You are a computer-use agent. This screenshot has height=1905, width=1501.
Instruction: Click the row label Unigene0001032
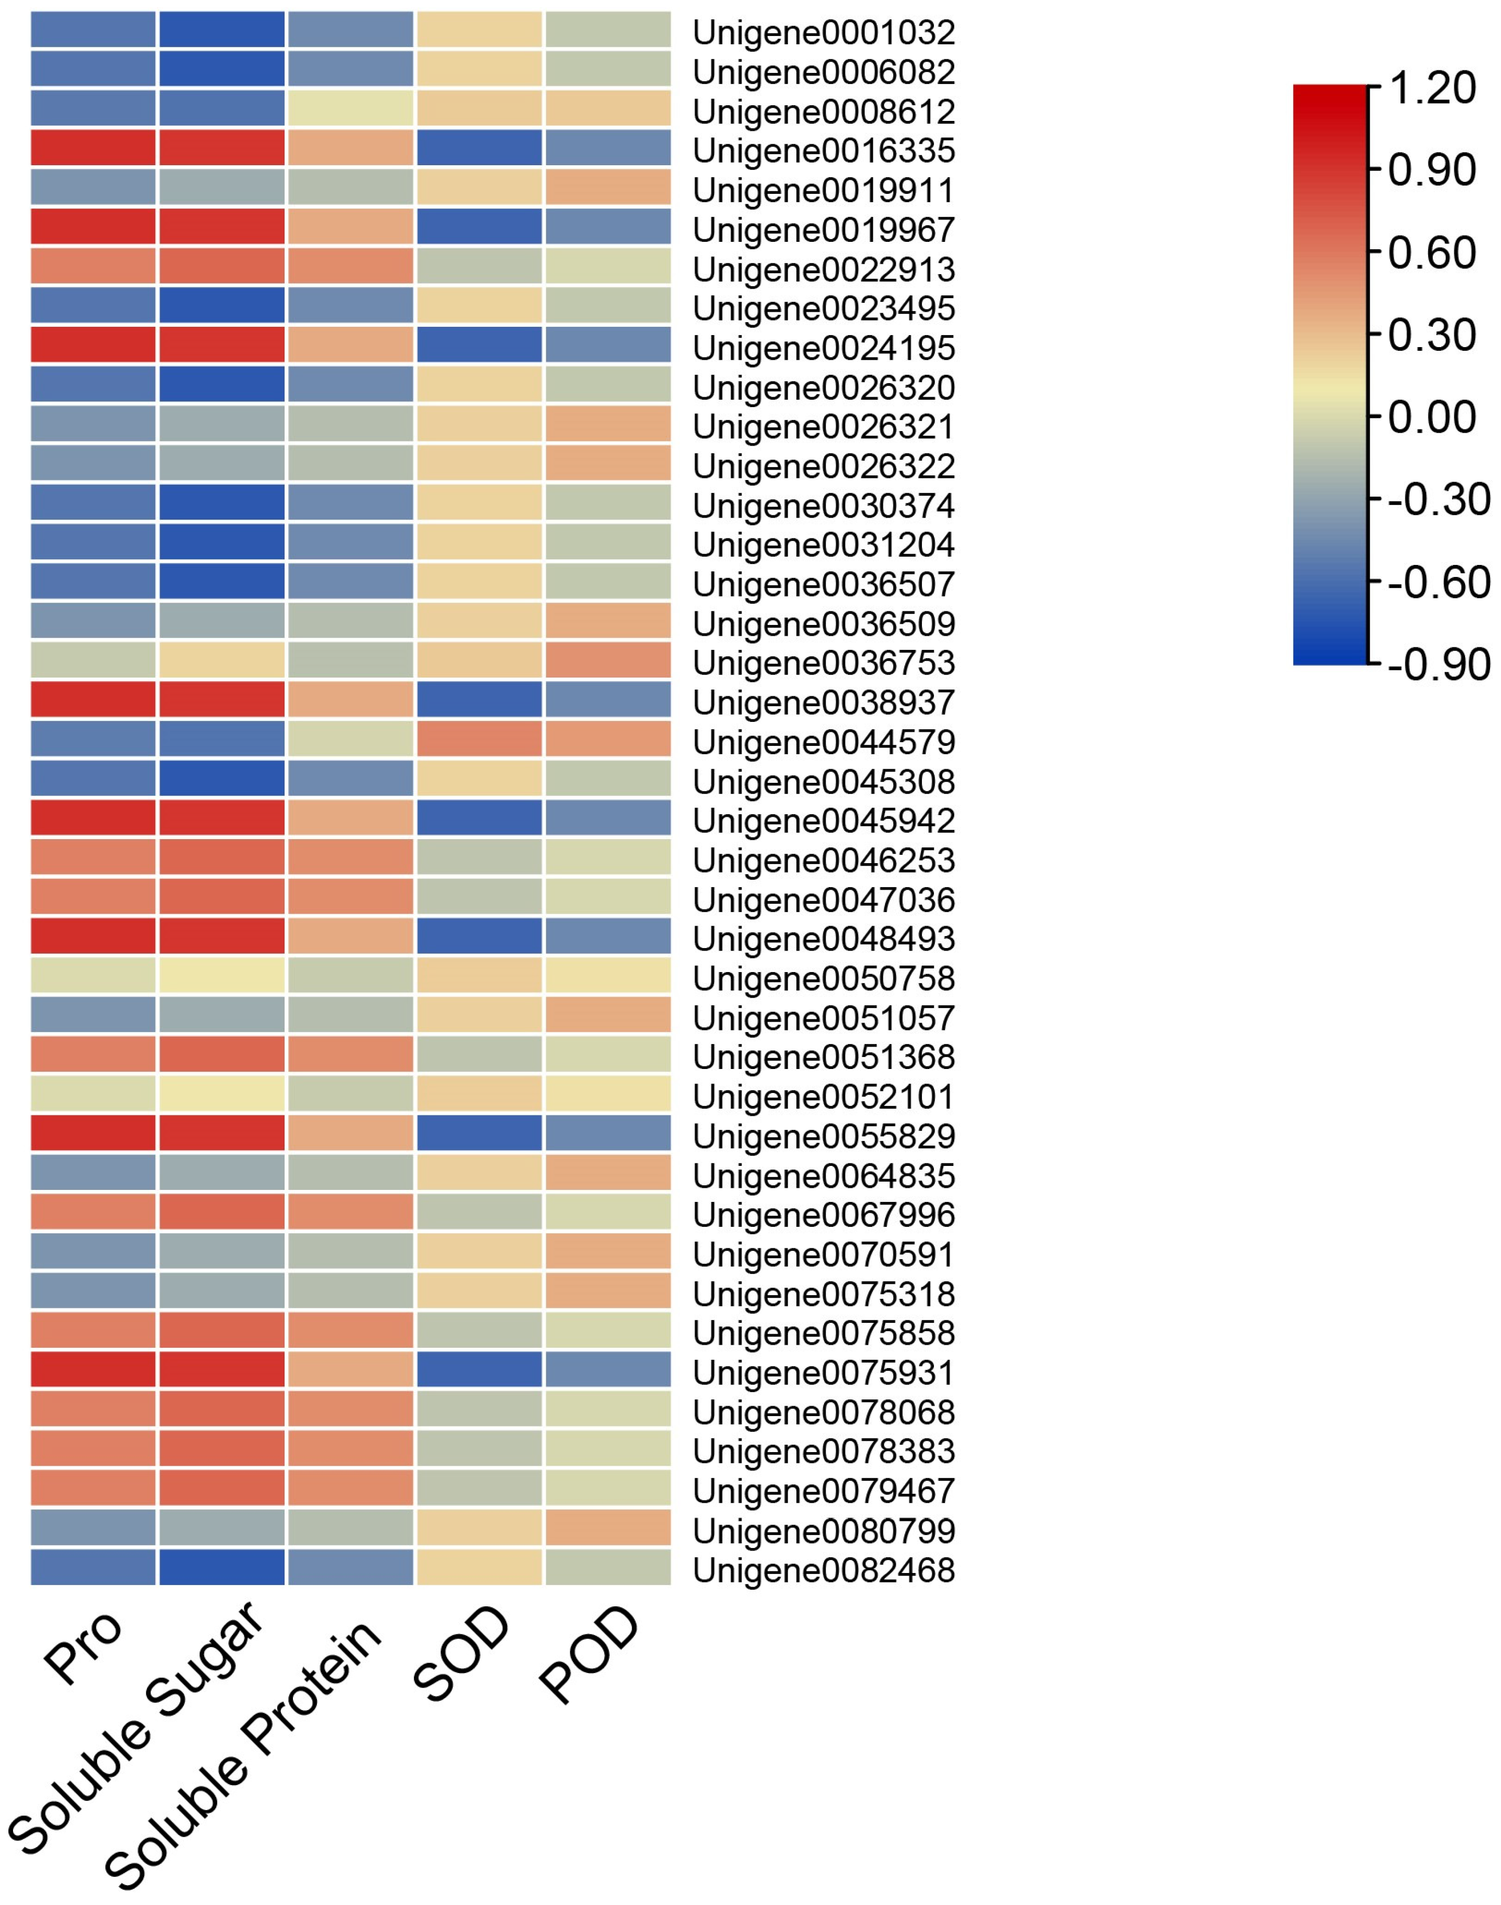coord(823,32)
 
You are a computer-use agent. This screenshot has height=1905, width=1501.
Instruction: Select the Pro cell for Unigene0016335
coord(93,148)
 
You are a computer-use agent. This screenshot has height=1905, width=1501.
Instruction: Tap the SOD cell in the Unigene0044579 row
coord(479,739)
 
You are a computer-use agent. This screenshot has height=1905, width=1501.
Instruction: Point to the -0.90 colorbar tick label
coord(1438,665)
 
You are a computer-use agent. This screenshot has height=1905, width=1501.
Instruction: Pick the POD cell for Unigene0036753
coord(608,660)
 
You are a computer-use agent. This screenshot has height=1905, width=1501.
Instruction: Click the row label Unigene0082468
coord(823,1570)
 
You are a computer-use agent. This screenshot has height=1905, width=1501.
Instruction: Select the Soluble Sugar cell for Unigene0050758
coord(223,975)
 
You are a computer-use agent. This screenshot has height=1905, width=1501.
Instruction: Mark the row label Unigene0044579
coord(823,743)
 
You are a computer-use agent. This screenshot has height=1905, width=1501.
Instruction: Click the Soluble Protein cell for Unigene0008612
coord(351,108)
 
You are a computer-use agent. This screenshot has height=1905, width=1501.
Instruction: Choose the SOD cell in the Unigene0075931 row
coord(479,1370)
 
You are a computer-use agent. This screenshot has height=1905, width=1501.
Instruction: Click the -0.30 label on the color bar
coord(1438,500)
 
